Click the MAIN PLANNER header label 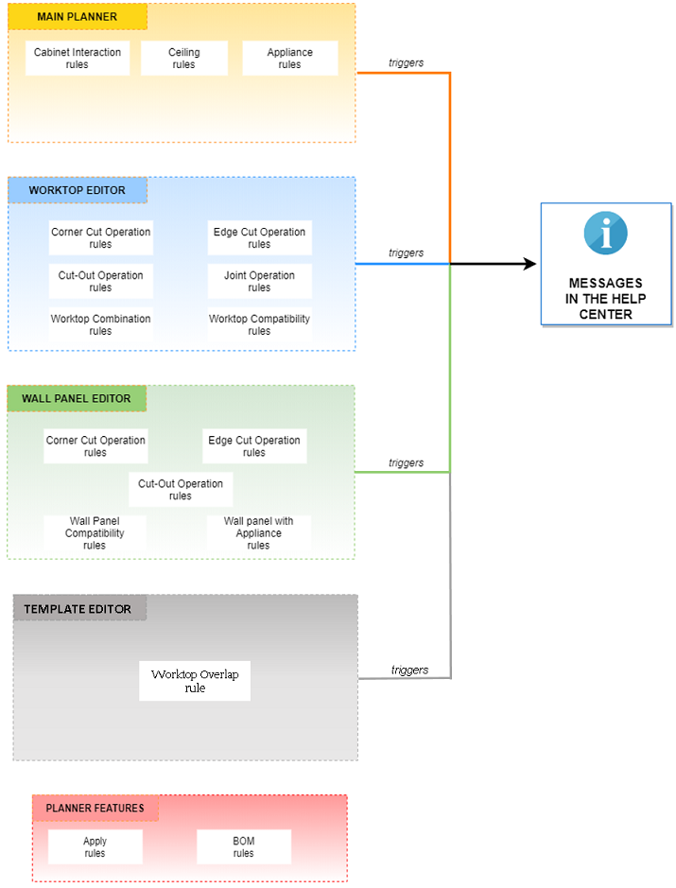[x=78, y=18]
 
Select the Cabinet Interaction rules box [x=78, y=59]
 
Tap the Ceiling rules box [x=184, y=59]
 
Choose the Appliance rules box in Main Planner [x=290, y=59]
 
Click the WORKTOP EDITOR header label [x=78, y=190]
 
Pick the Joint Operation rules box [x=259, y=282]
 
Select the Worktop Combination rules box [x=100, y=325]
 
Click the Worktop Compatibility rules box [x=259, y=325]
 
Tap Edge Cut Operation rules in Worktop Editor [x=259, y=238]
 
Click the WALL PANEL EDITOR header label [x=77, y=399]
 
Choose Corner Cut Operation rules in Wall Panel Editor [x=95, y=446]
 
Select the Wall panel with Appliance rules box [x=258, y=533]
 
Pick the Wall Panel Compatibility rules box [x=95, y=533]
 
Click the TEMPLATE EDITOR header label [x=78, y=609]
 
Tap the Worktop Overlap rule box [x=195, y=681]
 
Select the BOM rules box [x=244, y=847]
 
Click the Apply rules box [x=95, y=847]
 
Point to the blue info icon [x=606, y=233]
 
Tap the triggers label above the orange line [x=406, y=63]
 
